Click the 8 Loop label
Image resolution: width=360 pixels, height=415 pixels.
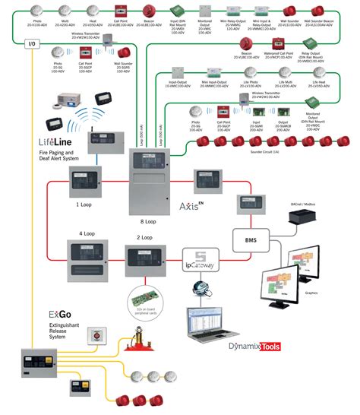[148, 221]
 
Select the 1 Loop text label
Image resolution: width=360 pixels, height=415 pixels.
[84, 204]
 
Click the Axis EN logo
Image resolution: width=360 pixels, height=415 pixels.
[192, 206]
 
